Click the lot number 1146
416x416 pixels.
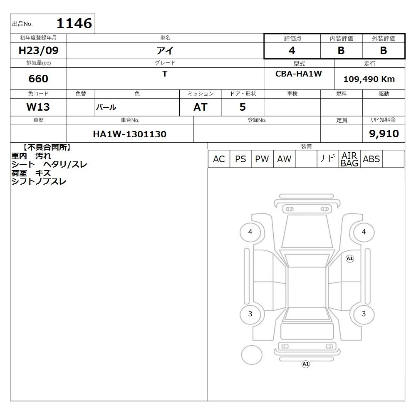(x=74, y=23)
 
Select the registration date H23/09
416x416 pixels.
(x=38, y=50)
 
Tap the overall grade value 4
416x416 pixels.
(x=292, y=50)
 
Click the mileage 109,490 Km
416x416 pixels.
(x=369, y=79)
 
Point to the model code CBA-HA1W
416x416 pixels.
(x=298, y=74)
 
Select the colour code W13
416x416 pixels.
(x=38, y=107)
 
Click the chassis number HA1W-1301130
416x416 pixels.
(x=130, y=134)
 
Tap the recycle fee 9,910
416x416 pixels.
(x=384, y=134)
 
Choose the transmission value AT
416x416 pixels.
(x=201, y=107)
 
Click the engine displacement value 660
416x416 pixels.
(x=38, y=79)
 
